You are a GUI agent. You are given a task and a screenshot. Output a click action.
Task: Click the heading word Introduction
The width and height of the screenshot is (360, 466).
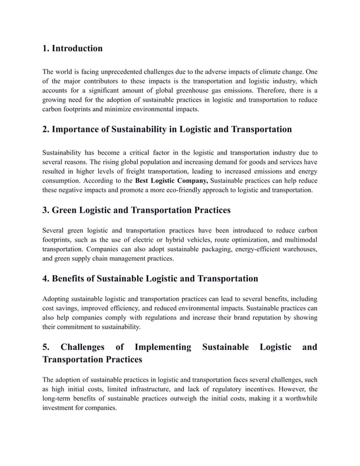[x=77, y=49]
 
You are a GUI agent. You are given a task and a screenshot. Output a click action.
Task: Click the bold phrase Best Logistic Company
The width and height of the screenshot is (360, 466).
[x=172, y=181]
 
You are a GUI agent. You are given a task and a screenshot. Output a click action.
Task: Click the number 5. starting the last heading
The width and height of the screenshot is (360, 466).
[x=46, y=347]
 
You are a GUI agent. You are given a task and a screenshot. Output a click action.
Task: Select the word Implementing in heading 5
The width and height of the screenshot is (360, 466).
[x=159, y=347]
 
